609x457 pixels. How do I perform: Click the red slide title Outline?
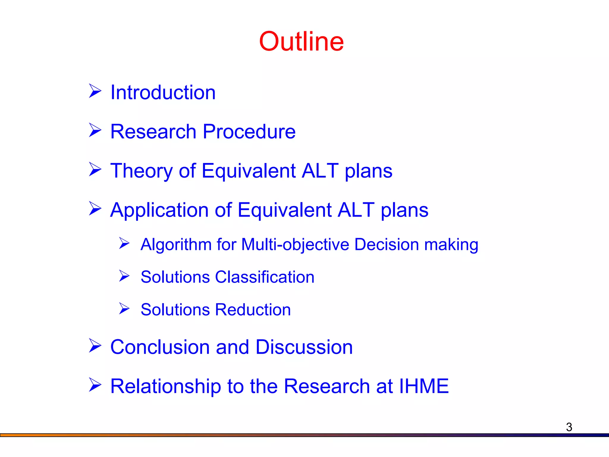click(301, 41)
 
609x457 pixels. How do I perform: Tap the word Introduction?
click(163, 93)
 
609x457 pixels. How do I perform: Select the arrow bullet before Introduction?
click(95, 91)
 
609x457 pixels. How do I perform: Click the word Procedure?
click(249, 132)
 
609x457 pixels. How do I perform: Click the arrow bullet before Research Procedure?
click(95, 130)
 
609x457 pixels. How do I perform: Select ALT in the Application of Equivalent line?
click(356, 210)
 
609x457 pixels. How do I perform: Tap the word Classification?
click(264, 277)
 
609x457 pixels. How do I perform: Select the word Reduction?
click(253, 310)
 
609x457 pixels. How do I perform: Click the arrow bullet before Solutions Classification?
click(124, 276)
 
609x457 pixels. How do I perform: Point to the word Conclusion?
click(160, 347)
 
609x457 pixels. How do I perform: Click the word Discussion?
click(304, 347)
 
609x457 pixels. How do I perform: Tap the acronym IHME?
click(424, 386)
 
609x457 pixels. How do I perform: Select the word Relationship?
click(166, 386)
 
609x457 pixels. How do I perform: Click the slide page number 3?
click(569, 427)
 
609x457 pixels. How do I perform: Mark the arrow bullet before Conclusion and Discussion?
click(95, 346)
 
